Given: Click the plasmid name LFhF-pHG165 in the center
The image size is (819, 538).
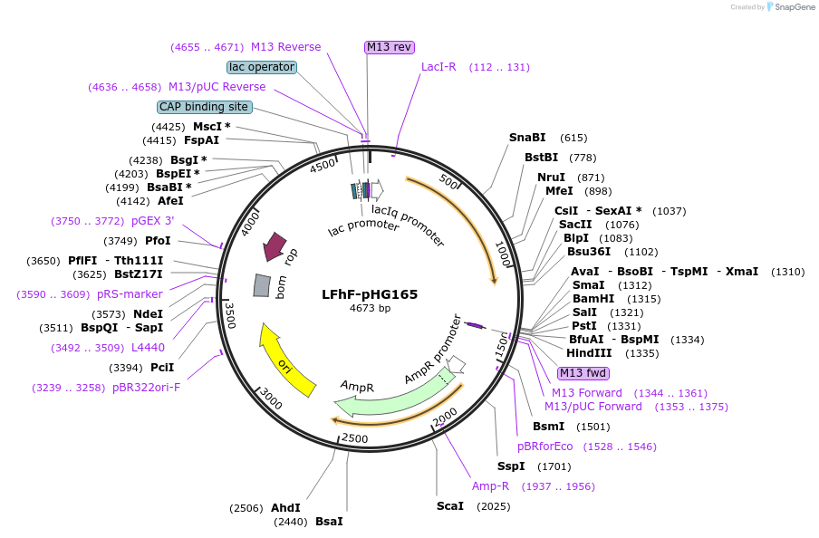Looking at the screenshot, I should click(370, 294).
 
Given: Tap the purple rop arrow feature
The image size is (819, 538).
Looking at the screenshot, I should click(275, 245).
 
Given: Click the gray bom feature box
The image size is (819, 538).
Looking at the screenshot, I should click(261, 285).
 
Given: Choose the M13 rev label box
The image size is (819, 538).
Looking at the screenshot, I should click(390, 47).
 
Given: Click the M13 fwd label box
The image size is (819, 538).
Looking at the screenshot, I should click(583, 373).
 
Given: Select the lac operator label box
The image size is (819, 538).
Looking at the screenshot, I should click(262, 67).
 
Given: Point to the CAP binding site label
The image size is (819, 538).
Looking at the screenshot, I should click(204, 107).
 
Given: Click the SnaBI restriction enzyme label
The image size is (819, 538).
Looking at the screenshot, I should click(527, 138).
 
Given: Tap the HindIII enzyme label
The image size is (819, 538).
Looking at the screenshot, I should click(589, 352).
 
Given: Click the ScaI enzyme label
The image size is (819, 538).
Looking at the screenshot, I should click(449, 505).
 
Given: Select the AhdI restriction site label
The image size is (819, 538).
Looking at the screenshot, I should click(285, 507).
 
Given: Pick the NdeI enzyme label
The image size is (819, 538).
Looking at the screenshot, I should click(148, 313).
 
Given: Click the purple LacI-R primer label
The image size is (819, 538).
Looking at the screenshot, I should click(438, 67).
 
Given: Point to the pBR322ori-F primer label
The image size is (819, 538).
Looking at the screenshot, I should click(146, 387).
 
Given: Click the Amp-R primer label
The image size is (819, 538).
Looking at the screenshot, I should click(490, 485).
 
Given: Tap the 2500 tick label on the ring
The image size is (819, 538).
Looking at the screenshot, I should click(354, 438).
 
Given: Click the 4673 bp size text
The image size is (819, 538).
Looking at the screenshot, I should click(370, 309).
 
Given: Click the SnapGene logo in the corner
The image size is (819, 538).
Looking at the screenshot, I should click(787, 7).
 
